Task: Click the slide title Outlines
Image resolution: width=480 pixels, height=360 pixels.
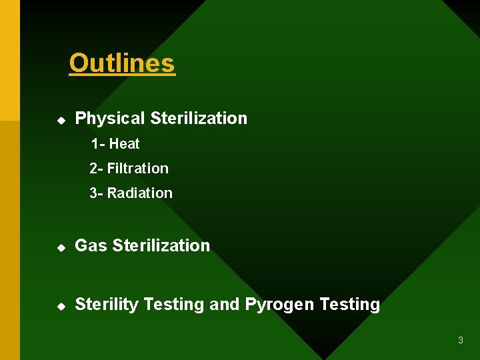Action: (x=122, y=63)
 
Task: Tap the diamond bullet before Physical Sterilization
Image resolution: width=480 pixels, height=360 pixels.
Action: (x=61, y=121)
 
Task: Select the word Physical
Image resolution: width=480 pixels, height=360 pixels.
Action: (x=110, y=119)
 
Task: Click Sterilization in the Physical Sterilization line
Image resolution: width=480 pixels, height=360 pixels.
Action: (x=199, y=119)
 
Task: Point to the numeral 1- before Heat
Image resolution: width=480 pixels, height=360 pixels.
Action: (x=98, y=144)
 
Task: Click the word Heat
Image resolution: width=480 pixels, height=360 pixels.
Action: (x=125, y=144)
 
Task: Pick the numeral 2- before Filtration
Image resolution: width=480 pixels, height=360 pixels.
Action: (x=97, y=169)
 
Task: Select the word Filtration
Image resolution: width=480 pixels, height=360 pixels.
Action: (x=138, y=169)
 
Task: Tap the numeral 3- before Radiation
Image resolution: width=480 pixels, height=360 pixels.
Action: (x=97, y=193)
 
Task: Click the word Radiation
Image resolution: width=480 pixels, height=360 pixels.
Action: (x=140, y=193)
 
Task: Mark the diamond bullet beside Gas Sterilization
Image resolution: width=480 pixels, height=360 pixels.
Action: (x=61, y=247)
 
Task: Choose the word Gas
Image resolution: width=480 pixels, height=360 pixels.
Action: (x=91, y=246)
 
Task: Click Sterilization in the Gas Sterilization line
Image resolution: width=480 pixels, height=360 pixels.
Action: (x=161, y=246)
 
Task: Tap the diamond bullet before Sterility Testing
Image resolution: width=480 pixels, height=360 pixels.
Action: (x=61, y=306)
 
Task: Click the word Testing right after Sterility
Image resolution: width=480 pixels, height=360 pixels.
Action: (x=174, y=305)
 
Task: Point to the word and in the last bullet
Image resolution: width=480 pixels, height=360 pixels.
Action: (x=225, y=305)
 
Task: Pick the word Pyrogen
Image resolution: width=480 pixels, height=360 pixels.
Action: (x=279, y=305)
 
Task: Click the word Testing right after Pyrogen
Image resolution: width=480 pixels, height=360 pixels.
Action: (x=350, y=305)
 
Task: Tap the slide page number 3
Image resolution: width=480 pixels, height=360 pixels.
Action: (x=460, y=341)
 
